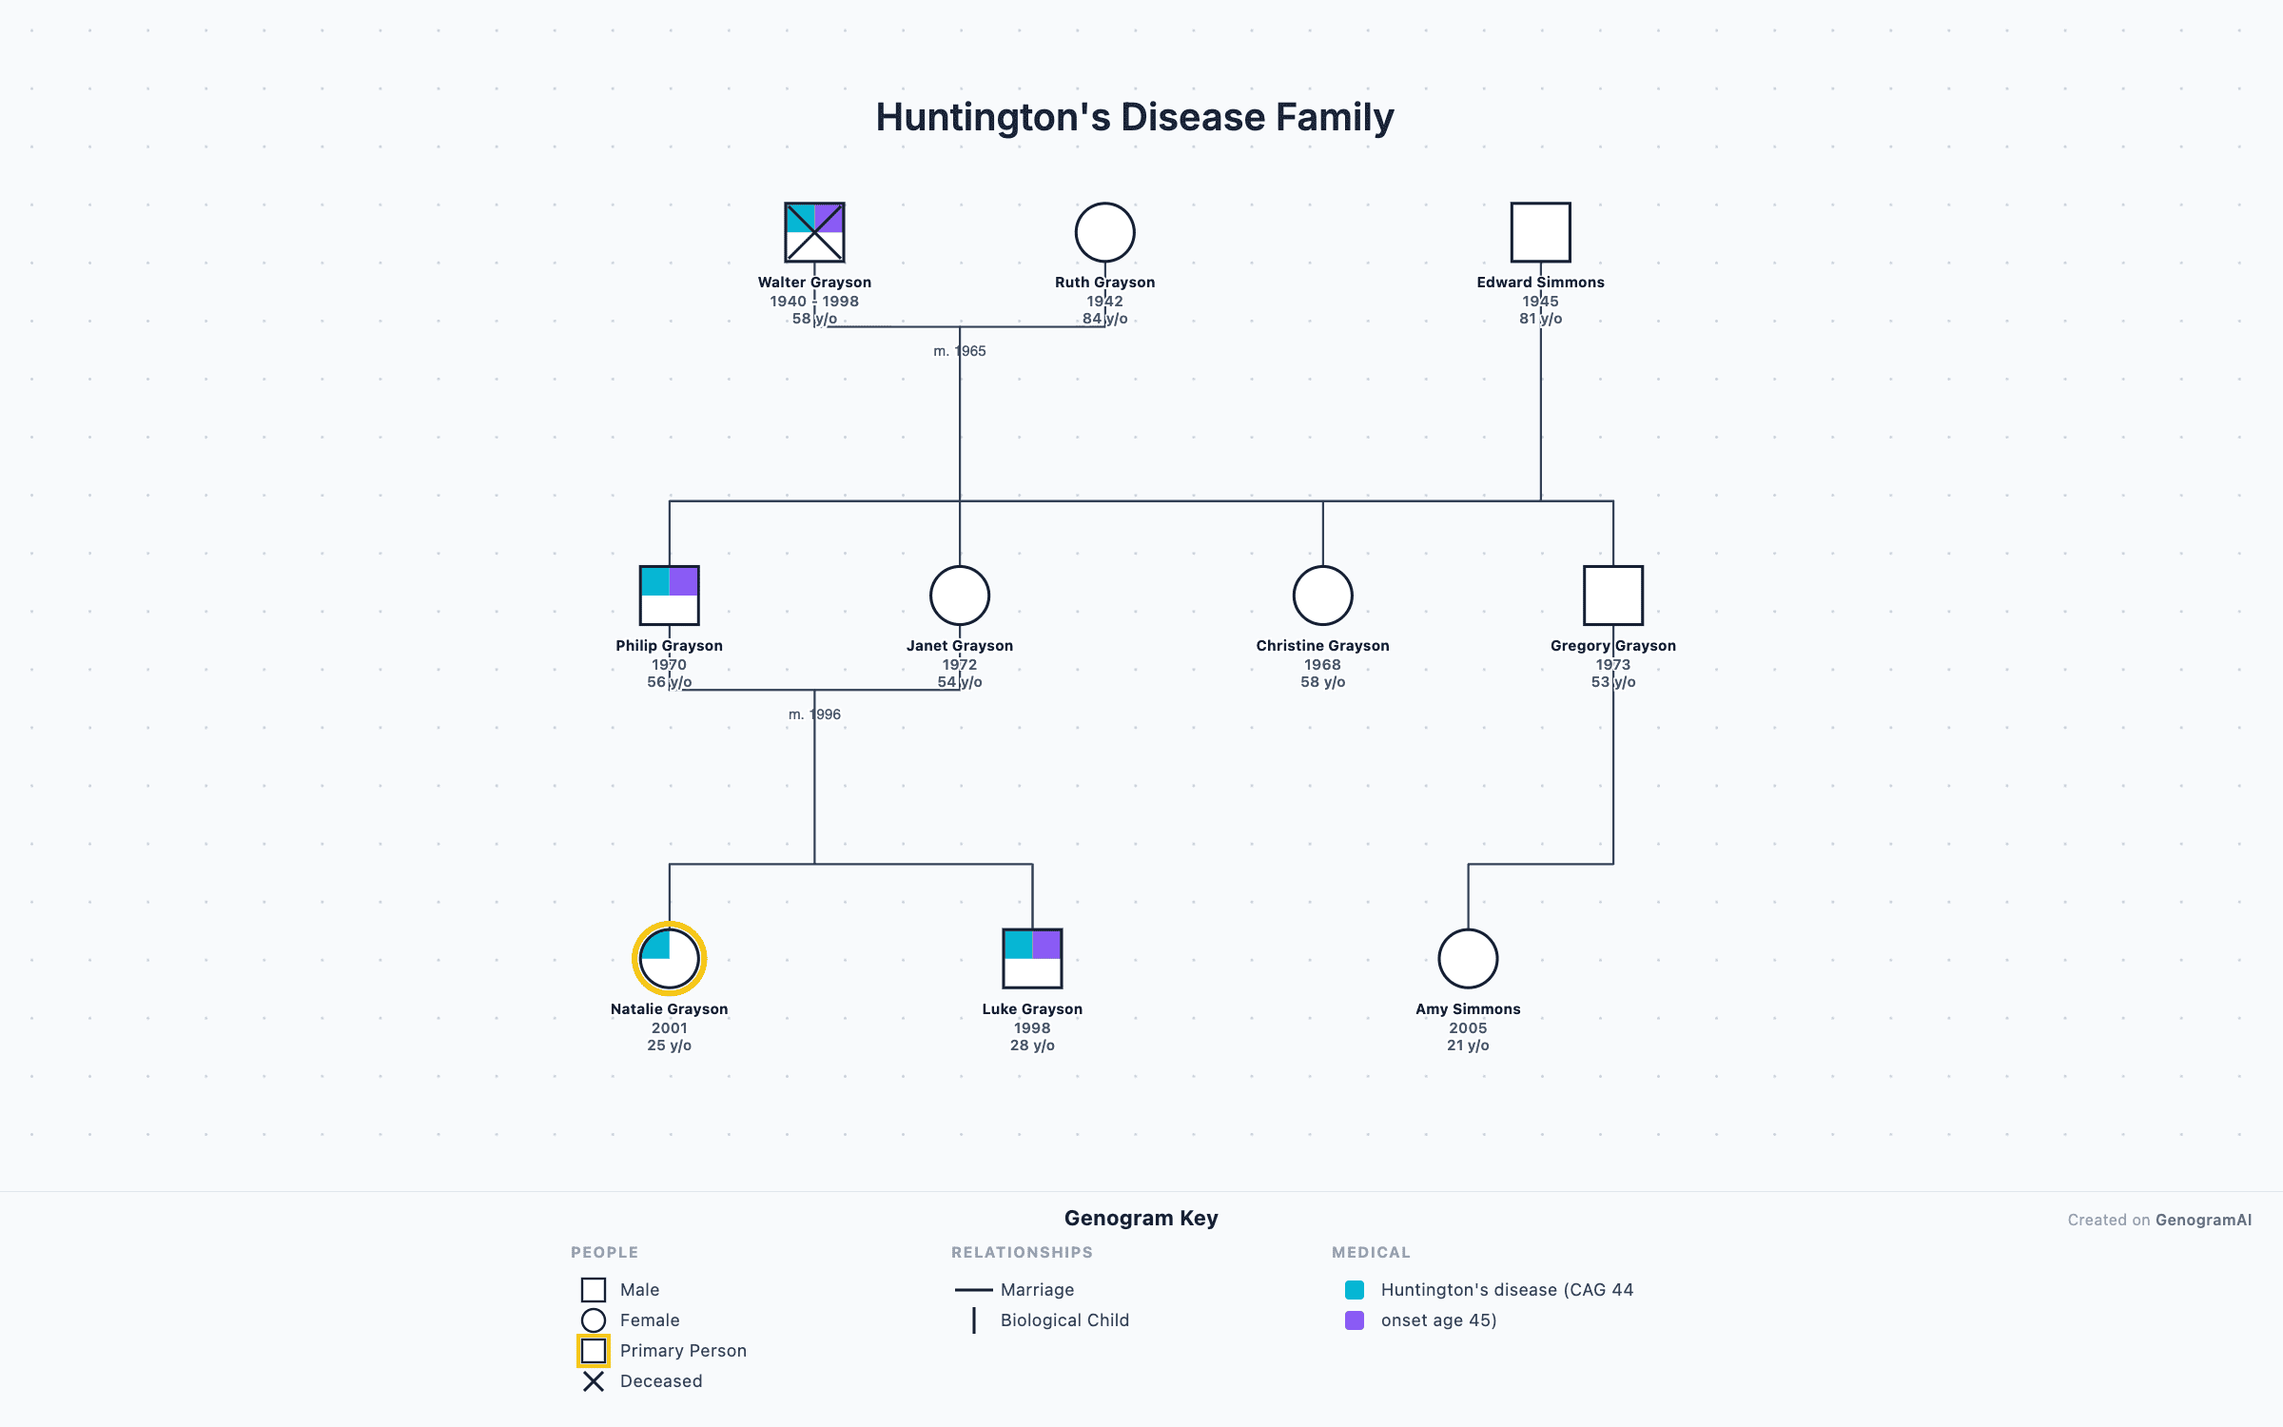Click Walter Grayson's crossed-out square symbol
coord(814,232)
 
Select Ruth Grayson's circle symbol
coord(1104,232)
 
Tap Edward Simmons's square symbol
coord(1540,232)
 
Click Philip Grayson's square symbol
coord(669,596)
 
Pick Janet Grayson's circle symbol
coord(959,596)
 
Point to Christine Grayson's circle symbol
coord(1322,596)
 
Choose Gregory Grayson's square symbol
coord(1612,596)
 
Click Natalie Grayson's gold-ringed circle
coord(669,959)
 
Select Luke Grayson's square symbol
coord(1032,959)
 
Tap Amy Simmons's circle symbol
coord(1468,959)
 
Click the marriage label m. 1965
coord(959,351)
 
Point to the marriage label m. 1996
coord(814,714)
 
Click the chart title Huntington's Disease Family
coord(1134,117)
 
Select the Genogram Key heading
coord(1141,1219)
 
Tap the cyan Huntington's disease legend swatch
coord(1355,1290)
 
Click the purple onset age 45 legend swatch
coord(1355,1320)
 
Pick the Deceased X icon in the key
coord(594,1381)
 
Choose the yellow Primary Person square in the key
coord(594,1351)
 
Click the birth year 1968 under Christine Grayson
coord(1322,665)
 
